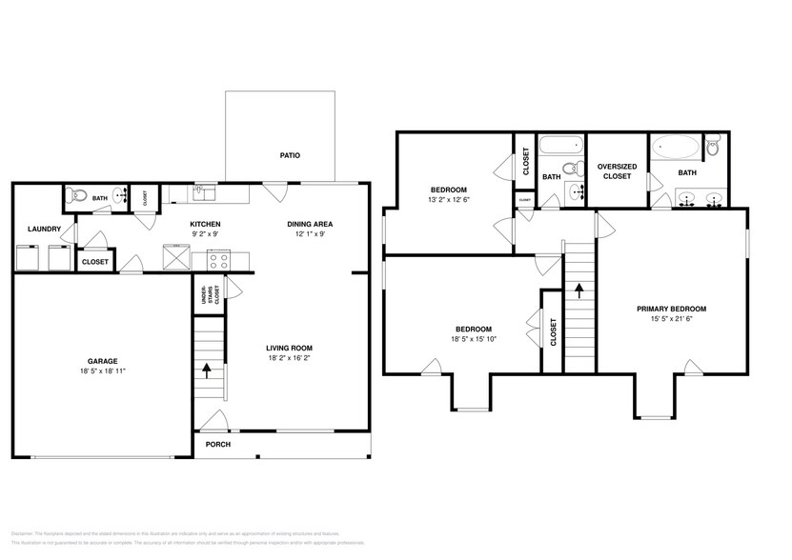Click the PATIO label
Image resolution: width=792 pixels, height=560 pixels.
coord(291,155)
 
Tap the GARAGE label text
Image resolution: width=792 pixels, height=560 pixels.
coord(103,361)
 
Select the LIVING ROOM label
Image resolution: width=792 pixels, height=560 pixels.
coord(289,348)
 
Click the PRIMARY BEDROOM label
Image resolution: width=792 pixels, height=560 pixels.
coord(672,309)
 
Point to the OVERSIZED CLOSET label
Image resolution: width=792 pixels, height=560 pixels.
coord(616,171)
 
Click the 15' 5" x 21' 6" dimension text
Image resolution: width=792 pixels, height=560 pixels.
coord(672,320)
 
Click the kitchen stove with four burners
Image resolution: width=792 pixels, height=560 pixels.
coord(217,257)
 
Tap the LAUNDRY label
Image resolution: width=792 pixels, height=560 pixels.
coord(44,229)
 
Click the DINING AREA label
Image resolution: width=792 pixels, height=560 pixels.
coord(310,225)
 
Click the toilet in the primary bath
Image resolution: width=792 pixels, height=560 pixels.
coord(713,147)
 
